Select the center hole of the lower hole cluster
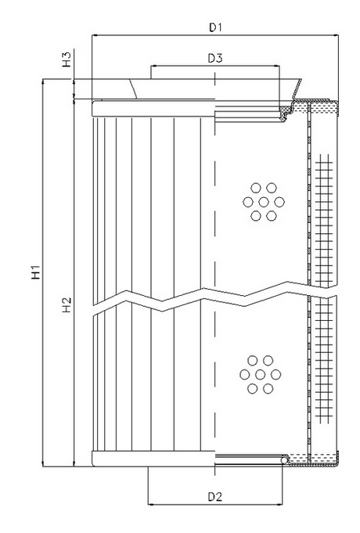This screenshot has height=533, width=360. [x=260, y=374]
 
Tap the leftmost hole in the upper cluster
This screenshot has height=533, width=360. [x=247, y=202]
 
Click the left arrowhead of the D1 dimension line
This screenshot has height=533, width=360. [x=95, y=35]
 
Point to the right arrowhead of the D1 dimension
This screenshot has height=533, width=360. [x=337, y=35]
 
